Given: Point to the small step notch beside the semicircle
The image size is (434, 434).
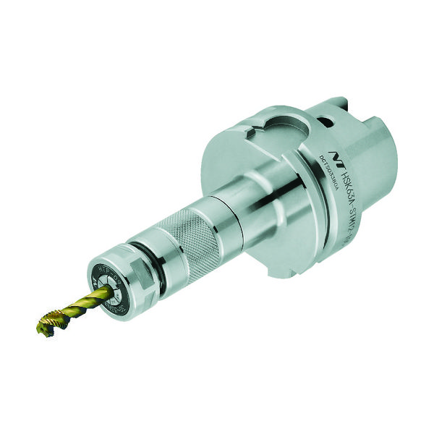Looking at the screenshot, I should tap(250, 132).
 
